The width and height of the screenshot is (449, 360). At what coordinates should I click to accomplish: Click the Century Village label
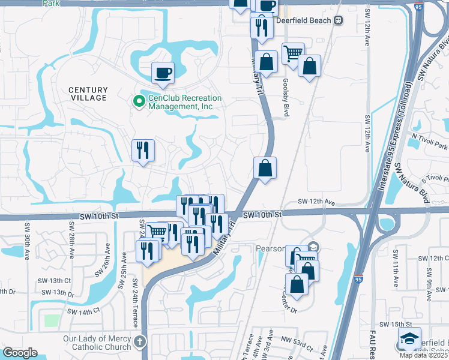[88, 94]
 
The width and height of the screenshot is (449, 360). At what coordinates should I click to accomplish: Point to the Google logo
[19, 353]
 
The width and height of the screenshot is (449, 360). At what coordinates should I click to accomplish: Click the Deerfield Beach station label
[304, 20]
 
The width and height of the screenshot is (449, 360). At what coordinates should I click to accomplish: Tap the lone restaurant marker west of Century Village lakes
[143, 151]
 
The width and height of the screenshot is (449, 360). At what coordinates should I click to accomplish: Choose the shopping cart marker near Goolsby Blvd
[293, 54]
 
